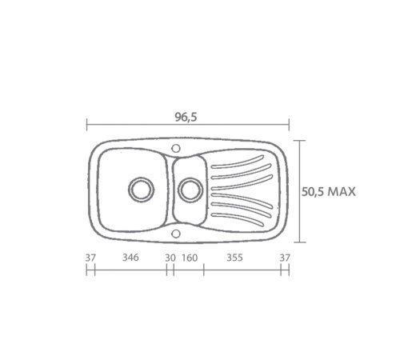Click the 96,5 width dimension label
click(186, 117)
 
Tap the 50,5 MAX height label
click(329, 192)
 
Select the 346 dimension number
click(130, 258)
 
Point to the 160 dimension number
click(190, 258)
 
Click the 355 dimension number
click(234, 258)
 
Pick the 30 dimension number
click(170, 258)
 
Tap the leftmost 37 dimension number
click(90, 258)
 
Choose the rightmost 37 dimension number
click(285, 258)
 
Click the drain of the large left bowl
click(141, 190)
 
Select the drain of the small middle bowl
click(190, 190)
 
